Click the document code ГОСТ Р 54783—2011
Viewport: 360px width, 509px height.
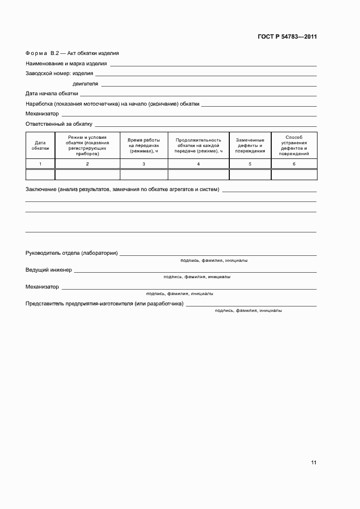point(286,37)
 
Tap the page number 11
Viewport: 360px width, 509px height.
point(314,462)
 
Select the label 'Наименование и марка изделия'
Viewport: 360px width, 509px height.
point(66,64)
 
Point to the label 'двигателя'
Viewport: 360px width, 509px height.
point(85,84)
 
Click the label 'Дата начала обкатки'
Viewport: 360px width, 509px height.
point(52,94)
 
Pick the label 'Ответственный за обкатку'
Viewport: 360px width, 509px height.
point(59,124)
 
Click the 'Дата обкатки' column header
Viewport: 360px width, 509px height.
point(40,145)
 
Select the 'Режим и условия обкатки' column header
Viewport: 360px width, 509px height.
point(87,145)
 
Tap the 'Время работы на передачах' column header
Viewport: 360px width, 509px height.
point(144,145)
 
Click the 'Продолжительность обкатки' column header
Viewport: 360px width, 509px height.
point(198,145)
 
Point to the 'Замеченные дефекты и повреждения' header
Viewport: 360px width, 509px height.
point(250,145)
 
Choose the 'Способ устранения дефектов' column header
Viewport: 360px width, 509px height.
point(294,145)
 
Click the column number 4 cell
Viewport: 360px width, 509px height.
point(198,164)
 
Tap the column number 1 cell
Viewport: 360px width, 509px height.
point(40,164)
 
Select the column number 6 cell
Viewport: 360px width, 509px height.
point(294,164)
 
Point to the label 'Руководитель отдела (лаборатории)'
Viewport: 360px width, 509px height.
point(72,254)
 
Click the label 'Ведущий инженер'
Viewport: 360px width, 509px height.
point(48,270)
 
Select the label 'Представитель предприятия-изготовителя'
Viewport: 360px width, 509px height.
point(104,303)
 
